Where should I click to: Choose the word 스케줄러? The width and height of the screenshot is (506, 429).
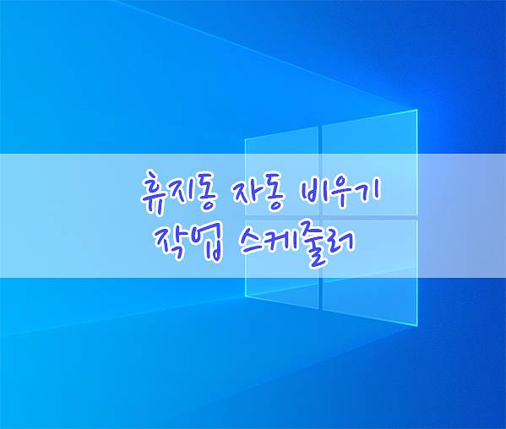[x=297, y=244]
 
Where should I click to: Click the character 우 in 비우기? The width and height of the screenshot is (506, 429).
[x=343, y=193]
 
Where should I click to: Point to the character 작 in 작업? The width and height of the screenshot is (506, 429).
[x=171, y=242]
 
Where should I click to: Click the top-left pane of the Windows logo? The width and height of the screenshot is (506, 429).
[x=282, y=171]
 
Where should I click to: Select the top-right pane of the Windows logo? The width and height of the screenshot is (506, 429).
[x=370, y=163]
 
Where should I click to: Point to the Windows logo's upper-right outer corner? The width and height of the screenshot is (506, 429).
[x=417, y=110]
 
